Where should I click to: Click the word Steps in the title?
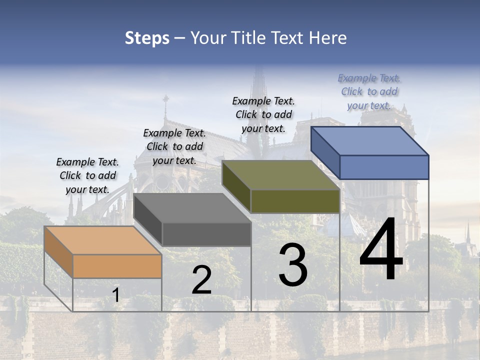pyautogui.click(x=147, y=38)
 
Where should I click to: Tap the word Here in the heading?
pyautogui.click(x=328, y=38)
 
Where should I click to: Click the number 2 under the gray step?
pyautogui.click(x=201, y=280)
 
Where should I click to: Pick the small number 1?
pyautogui.click(x=116, y=295)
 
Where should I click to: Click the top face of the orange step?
pyautogui.click(x=103, y=240)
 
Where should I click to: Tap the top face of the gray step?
pyautogui.click(x=192, y=208)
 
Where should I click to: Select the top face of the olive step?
pyautogui.click(x=281, y=175)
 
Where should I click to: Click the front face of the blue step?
pyautogui.click(x=384, y=167)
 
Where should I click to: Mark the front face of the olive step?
pyautogui.click(x=295, y=201)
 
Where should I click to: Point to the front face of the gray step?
pyautogui.click(x=206, y=234)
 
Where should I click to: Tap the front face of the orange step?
pyautogui.click(x=117, y=266)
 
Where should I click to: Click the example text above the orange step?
pyautogui.click(x=87, y=175)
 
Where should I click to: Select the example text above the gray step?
pyautogui.click(x=174, y=146)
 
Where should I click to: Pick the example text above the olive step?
pyautogui.click(x=263, y=114)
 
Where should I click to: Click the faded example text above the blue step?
pyautogui.click(x=369, y=91)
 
